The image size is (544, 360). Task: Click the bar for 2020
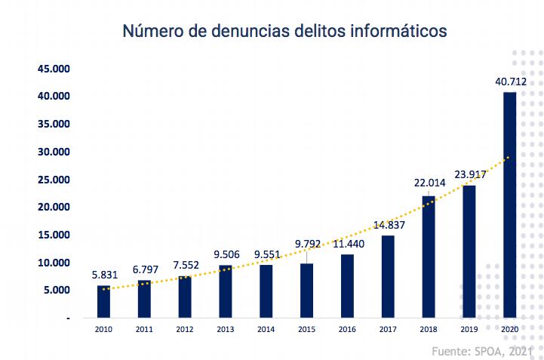(510, 204)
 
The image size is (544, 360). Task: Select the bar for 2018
(429, 257)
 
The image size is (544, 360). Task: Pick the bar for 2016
(347, 286)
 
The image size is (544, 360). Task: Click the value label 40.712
(511, 82)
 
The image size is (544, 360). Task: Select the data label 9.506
(226, 254)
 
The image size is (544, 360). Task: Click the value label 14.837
(389, 224)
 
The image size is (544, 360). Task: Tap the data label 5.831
(103, 275)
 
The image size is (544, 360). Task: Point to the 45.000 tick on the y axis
(54, 69)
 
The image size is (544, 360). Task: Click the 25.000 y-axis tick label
(54, 180)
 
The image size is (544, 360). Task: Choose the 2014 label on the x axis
(266, 329)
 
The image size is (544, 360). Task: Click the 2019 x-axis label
(469, 329)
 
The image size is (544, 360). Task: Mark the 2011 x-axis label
(144, 329)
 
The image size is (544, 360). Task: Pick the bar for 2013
(226, 291)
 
